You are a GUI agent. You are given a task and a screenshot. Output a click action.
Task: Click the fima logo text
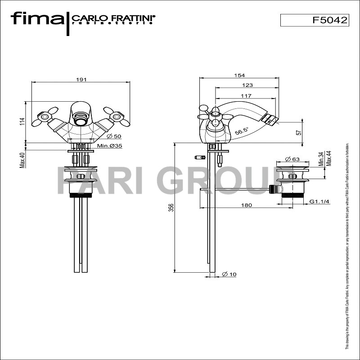pos(37,19)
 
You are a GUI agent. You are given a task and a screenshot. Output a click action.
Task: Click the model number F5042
pos(330,20)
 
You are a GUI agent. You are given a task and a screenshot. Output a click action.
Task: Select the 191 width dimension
pos(81,79)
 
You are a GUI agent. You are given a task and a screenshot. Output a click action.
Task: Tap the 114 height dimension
pos(22,122)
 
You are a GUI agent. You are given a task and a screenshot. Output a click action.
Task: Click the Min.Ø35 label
pos(110,146)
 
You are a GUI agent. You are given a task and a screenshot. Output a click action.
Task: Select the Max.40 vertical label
pos(22,159)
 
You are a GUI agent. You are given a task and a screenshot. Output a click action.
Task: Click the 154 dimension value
pos(239,75)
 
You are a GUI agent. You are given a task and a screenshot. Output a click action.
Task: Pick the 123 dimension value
pos(247,85)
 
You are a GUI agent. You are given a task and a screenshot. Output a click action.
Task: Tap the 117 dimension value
pos(246,95)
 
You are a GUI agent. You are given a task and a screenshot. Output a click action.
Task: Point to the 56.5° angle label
pos(242,132)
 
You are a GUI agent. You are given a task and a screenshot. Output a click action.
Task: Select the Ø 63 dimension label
pos(292,159)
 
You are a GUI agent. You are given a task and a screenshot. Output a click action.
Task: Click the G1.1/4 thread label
pos(319,201)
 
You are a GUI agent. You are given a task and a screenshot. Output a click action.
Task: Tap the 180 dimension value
pos(246,205)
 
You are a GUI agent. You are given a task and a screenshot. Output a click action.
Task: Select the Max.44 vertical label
pos(329,159)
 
